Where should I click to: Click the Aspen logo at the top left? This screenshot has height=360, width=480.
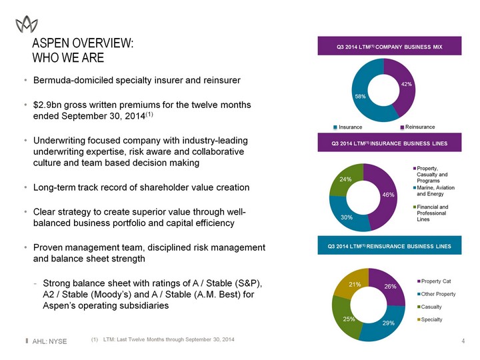coord(27,25)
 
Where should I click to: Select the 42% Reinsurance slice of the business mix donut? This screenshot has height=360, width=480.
coord(405,85)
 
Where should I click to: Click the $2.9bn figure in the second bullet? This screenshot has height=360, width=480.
coord(51,105)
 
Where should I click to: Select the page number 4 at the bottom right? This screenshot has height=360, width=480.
coord(463,342)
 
